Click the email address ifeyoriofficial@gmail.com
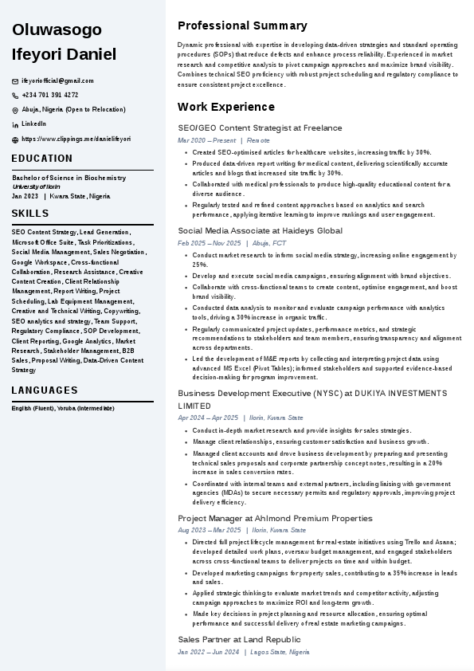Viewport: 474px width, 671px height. [x=57, y=81]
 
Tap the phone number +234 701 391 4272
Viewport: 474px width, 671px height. [x=49, y=96]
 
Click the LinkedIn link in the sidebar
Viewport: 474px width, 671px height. [x=33, y=124]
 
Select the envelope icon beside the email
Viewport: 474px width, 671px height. [x=15, y=81]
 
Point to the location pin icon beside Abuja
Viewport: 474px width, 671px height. [x=15, y=110]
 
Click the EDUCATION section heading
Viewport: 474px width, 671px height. [x=41, y=159]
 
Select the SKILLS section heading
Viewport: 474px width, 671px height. [x=30, y=214]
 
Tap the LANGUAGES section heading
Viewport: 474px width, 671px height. [x=45, y=390]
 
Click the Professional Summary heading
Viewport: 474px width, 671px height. [x=242, y=26]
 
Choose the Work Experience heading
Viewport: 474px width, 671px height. [x=225, y=107]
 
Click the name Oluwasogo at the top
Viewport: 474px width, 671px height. [x=57, y=29]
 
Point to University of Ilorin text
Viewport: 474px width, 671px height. [x=36, y=186]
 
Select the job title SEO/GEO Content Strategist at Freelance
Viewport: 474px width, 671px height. [x=260, y=128]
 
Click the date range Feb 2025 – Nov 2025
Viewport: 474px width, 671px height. [x=209, y=243]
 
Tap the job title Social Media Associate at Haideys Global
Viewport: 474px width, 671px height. [x=260, y=231]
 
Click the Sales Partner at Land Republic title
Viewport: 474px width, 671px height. [x=239, y=640]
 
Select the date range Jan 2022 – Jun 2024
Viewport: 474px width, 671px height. [x=208, y=652]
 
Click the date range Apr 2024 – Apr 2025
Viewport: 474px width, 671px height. [x=208, y=418]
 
